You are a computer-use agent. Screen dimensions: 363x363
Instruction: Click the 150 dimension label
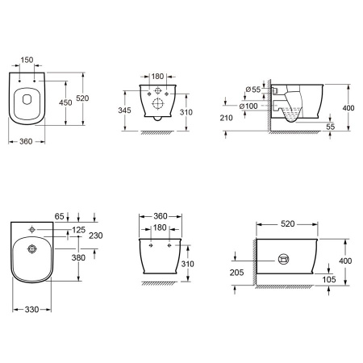point(27,60)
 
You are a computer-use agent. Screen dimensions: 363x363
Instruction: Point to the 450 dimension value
point(65,102)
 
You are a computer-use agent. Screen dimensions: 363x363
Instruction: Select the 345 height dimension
point(124,110)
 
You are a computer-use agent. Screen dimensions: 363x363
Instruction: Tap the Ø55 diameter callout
point(253,90)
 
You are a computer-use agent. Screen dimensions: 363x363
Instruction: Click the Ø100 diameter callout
point(248,106)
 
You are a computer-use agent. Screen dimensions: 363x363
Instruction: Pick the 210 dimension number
point(226,118)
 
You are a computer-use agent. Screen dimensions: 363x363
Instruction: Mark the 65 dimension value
point(60,216)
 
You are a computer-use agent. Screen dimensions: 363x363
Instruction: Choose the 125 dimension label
point(79,230)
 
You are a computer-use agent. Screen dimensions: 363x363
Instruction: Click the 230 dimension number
point(96,236)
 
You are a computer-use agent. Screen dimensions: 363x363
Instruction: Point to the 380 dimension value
point(78,257)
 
